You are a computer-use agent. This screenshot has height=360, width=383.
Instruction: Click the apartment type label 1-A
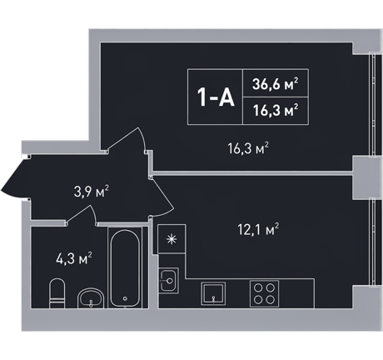216,97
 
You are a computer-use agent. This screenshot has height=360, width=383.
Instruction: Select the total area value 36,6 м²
276,84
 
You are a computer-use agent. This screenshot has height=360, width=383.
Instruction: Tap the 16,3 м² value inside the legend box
276,111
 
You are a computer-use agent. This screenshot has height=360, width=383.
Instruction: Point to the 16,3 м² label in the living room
248,148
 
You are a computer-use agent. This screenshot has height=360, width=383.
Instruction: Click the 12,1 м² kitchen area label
258,229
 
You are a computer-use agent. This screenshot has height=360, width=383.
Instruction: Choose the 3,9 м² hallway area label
92,192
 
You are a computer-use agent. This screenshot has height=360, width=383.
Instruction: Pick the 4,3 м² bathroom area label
74,258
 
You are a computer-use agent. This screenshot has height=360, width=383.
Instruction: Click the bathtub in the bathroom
125,267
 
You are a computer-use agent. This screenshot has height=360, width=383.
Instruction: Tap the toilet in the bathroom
57,293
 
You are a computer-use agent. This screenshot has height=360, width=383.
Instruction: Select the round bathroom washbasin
91,298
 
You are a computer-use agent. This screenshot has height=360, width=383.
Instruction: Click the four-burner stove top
264,294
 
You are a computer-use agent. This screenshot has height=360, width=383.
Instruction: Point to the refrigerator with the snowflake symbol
172,238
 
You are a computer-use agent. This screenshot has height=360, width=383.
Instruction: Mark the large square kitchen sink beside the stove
213,293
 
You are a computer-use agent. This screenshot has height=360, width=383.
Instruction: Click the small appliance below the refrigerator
168,280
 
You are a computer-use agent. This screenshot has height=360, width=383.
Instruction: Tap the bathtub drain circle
125,298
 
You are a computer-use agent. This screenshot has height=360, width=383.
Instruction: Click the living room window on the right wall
372,106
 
